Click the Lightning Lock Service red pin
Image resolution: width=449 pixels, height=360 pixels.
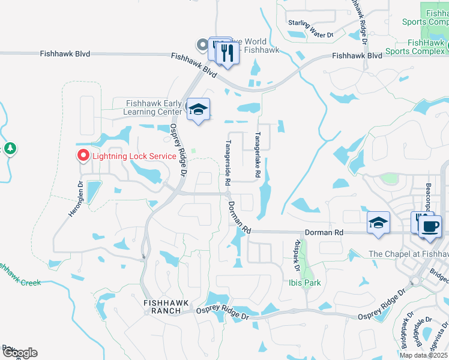pyautogui.click(x=83, y=155)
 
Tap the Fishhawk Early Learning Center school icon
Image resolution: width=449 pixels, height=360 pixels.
pyautogui.click(x=198, y=110)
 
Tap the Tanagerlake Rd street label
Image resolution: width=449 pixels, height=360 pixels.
pyautogui.click(x=257, y=154)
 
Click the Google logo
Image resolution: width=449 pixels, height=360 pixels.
pyautogui.click(x=19, y=353)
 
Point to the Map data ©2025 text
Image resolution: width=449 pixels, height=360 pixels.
pyautogui.click(x=424, y=355)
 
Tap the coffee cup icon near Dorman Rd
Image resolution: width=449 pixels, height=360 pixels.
pyautogui.click(x=430, y=227)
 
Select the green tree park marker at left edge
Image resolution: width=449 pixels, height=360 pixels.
pyautogui.click(x=10, y=148)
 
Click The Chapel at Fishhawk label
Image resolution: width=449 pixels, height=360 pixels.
pyautogui.click(x=408, y=254)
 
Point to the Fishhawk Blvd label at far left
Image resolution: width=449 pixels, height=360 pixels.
pyautogui.click(x=65, y=53)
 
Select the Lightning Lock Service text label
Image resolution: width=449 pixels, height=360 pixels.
pyautogui.click(x=134, y=156)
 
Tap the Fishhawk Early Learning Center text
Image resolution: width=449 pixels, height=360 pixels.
pyautogui.click(x=154, y=107)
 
